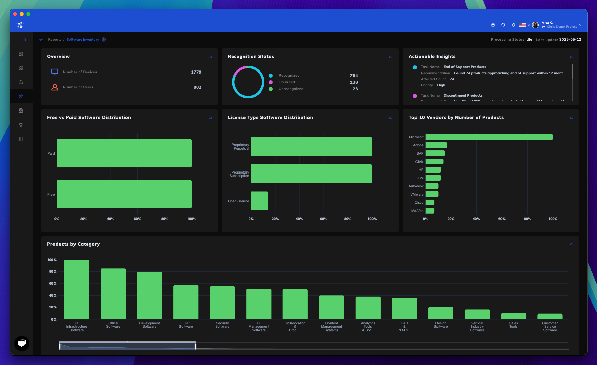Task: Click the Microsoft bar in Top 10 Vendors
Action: (489, 137)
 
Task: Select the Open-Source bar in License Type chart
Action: (259, 201)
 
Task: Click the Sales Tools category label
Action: (513, 325)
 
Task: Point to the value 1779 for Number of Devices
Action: (196, 72)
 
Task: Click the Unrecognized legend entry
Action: (291, 89)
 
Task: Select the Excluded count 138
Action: (354, 82)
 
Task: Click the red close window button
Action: (15, 14)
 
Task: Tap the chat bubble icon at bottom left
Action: (22, 343)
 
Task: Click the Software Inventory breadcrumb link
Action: (83, 40)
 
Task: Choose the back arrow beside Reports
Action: (41, 40)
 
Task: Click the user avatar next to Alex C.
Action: (535, 25)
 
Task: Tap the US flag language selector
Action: (523, 25)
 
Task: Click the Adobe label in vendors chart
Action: (418, 145)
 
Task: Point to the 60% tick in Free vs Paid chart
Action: (137, 219)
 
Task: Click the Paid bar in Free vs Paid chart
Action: (124, 153)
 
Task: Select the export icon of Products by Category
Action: (572, 244)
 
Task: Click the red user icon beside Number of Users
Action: (55, 87)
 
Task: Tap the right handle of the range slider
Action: (195, 346)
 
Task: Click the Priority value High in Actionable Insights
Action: (441, 85)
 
